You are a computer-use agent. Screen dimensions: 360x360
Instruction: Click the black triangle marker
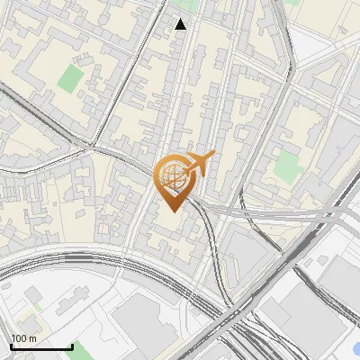point(181,24)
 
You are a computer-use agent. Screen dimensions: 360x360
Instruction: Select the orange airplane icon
point(200,164)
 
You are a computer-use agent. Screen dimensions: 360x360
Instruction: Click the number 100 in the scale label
point(19,338)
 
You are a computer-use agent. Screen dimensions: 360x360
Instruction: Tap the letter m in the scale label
point(32,338)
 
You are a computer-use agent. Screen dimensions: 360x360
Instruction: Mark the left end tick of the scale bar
point(11,346)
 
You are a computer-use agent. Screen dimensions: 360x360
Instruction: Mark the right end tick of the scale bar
point(72,346)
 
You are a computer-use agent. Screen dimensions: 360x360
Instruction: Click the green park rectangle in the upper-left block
point(69,78)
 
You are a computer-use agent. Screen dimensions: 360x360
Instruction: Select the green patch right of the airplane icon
point(286,165)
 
